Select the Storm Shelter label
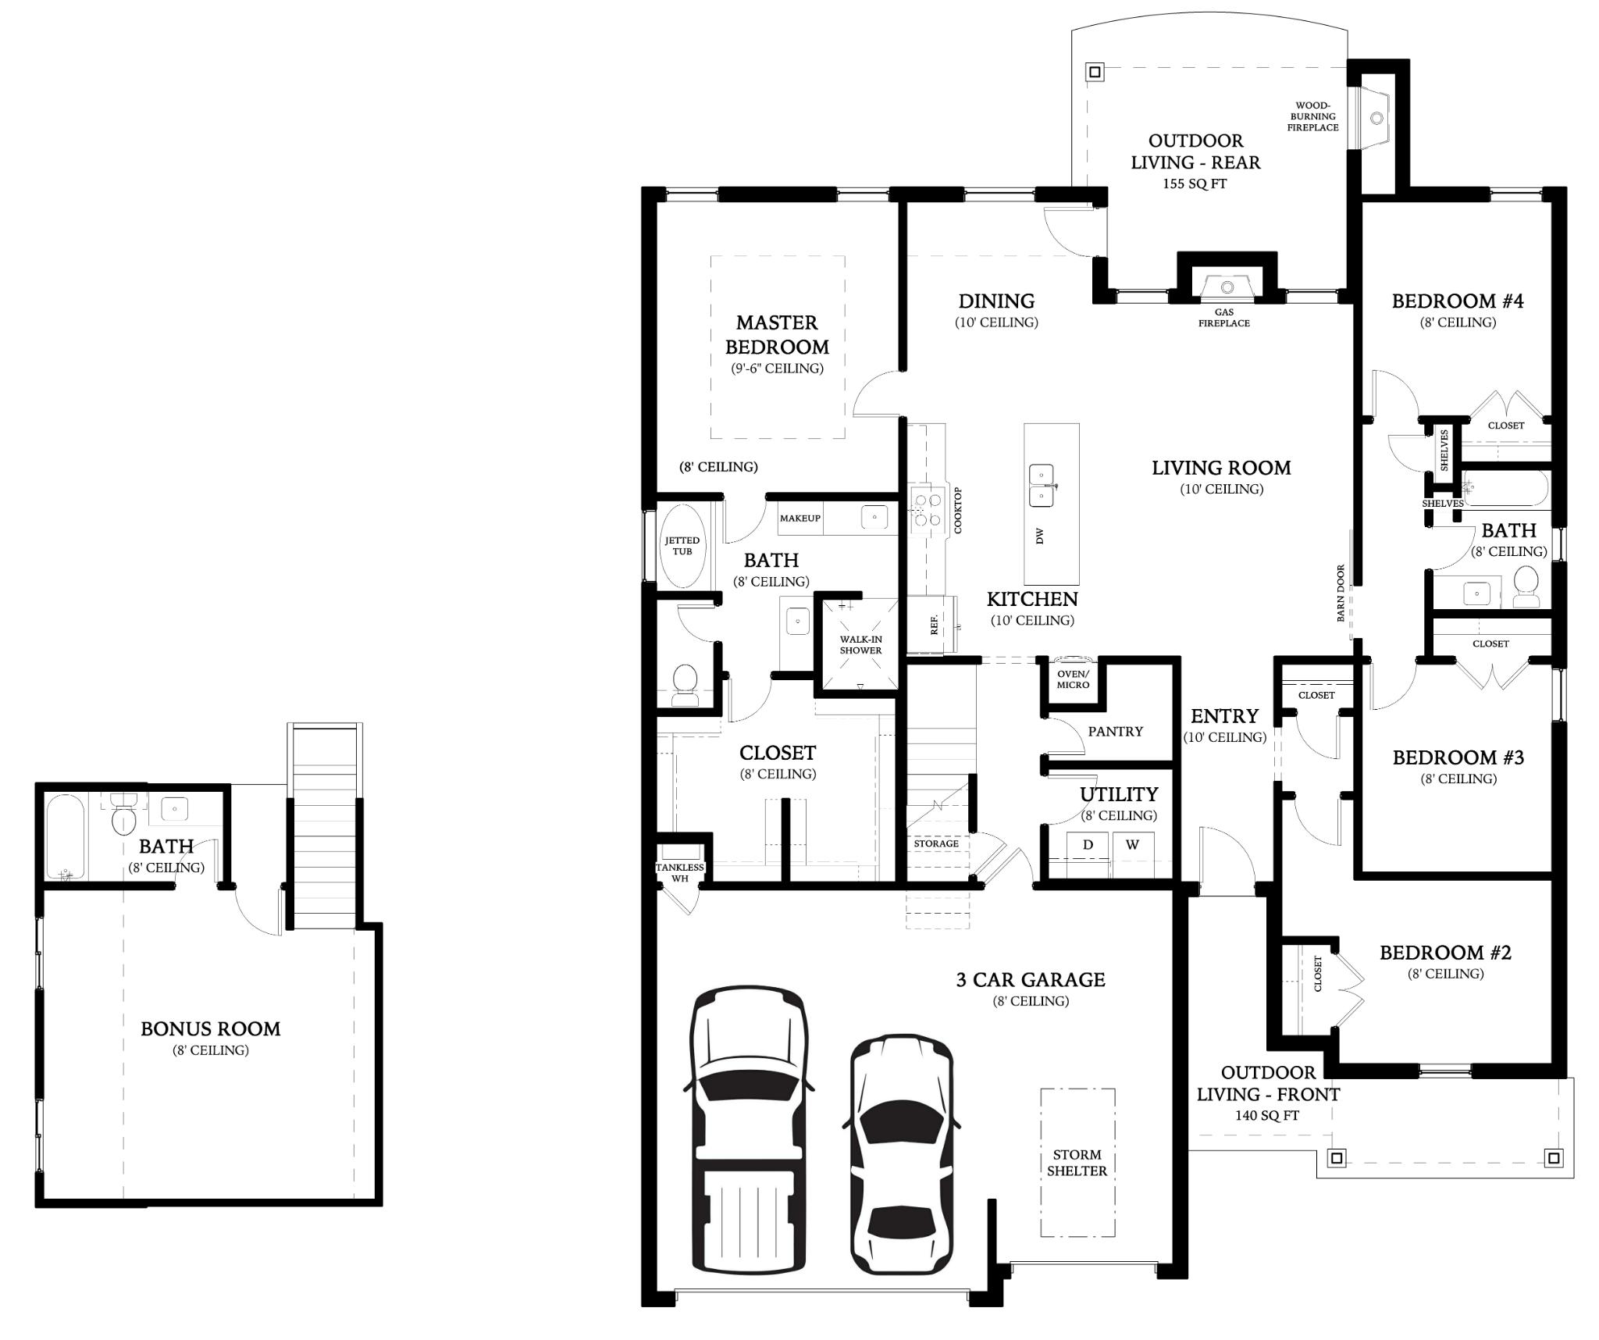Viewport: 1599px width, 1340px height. point(1077,1163)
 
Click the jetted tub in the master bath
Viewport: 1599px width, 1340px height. point(682,546)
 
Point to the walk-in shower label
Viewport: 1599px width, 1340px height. point(860,645)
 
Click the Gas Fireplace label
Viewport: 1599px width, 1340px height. point(1223,318)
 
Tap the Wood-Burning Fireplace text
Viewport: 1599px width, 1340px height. point(1312,116)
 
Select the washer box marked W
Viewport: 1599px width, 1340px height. point(1132,845)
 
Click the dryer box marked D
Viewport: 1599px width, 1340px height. point(1088,845)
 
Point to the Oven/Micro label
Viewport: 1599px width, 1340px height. point(1073,679)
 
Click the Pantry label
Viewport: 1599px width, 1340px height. point(1115,732)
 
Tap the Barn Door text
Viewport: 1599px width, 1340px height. point(1341,593)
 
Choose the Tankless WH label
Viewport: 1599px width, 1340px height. point(680,873)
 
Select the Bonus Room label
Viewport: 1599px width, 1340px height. point(210,1029)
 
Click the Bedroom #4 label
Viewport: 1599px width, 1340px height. point(1458,301)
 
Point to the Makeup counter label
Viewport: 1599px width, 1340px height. point(800,519)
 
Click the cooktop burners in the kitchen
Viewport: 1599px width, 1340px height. point(928,510)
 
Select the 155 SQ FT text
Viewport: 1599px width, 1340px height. point(1195,184)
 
